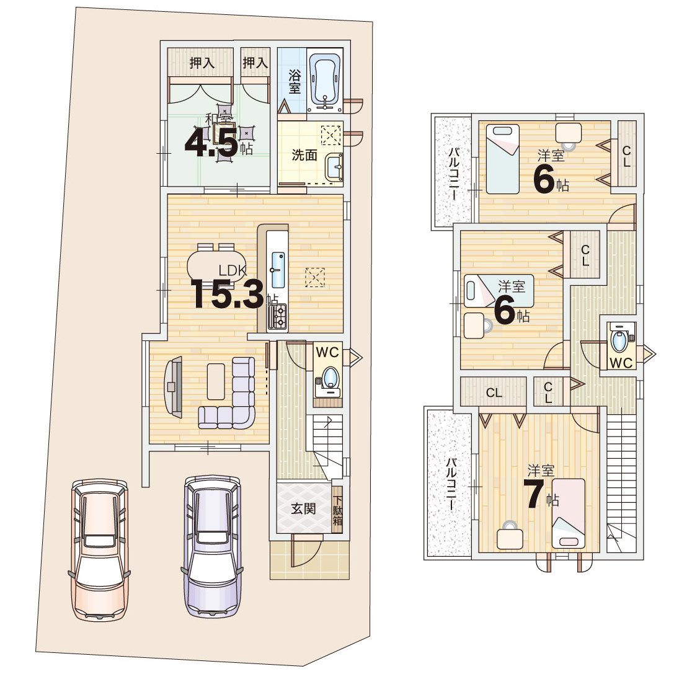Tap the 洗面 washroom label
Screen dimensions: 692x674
click(x=304, y=155)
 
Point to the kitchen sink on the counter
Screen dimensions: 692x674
click(x=278, y=270)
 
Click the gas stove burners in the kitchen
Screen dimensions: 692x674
click(x=280, y=316)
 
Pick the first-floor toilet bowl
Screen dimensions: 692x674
click(x=329, y=378)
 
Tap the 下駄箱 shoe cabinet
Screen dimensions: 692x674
click(x=337, y=510)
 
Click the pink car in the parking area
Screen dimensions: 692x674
click(x=100, y=550)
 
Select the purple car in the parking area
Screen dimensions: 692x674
click(x=213, y=546)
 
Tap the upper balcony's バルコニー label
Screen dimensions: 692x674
click(x=454, y=174)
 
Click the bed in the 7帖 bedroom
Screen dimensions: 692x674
click(x=569, y=513)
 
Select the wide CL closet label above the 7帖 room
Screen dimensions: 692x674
click(x=494, y=392)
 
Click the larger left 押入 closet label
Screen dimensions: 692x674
click(x=202, y=63)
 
